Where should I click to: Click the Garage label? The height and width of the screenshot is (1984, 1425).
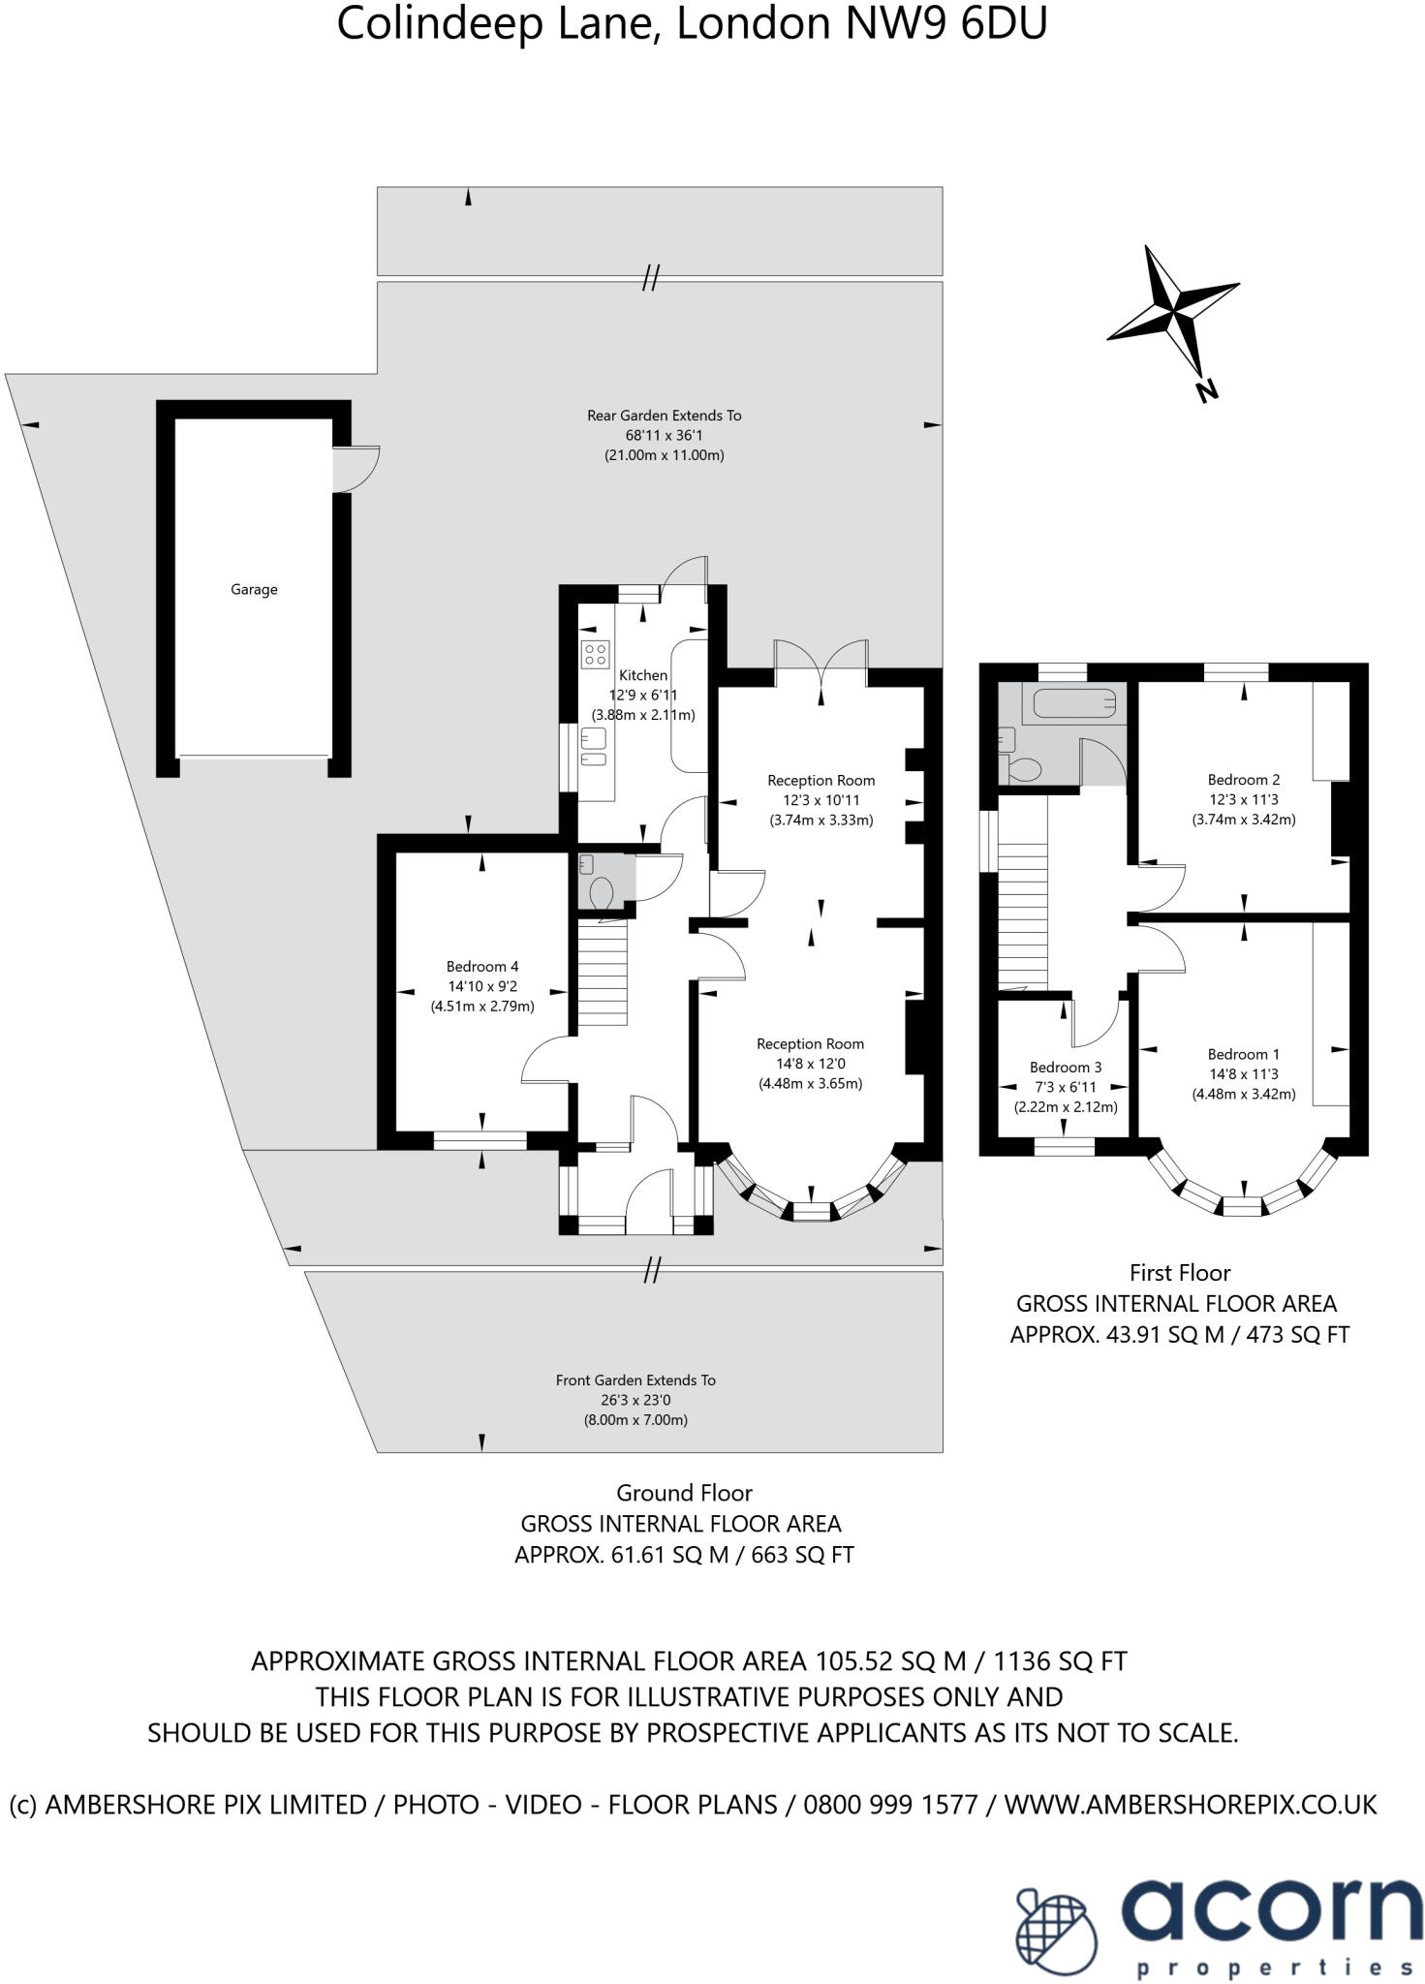click(254, 589)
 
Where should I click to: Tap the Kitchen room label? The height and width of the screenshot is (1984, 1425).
click(643, 675)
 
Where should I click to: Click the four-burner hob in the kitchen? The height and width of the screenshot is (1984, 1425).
click(595, 654)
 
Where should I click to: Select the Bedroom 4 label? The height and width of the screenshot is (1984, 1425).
click(481, 966)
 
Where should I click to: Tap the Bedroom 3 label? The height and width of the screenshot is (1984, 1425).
click(1065, 1067)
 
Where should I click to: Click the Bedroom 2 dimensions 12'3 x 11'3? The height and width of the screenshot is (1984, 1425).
click(1243, 799)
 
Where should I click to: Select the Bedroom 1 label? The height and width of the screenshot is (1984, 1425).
click(1243, 1054)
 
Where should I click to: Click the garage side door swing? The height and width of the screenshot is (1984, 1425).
click(356, 468)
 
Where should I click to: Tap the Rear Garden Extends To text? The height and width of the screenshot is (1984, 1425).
click(664, 416)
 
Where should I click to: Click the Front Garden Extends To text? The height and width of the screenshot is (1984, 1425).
click(635, 1379)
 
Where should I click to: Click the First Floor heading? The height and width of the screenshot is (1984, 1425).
click(1179, 1272)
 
